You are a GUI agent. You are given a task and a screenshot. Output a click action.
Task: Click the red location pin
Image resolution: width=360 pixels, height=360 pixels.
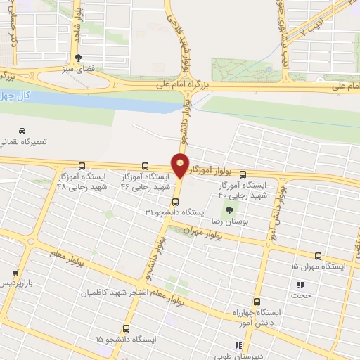click(181, 165)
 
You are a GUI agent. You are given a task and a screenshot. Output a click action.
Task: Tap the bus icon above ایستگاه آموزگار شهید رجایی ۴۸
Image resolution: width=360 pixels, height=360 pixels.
click(83, 167)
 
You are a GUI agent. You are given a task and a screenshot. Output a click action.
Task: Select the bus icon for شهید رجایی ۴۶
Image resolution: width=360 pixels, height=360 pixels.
click(145, 167)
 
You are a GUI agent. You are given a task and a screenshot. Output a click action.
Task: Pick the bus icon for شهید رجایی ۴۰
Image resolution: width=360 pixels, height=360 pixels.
click(243, 174)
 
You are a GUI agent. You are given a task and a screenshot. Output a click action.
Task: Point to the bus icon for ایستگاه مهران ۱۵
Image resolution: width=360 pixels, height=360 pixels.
click(319, 257)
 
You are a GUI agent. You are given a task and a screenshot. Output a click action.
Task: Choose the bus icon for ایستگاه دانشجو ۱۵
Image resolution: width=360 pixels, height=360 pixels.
click(127, 328)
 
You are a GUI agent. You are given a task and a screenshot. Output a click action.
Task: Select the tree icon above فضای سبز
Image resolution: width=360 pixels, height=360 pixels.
click(79, 58)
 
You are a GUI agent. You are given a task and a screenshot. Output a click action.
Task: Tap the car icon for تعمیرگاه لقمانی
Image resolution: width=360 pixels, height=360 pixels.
click(22, 131)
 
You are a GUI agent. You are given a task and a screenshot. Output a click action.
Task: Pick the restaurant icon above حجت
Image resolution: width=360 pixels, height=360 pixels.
click(301, 285)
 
